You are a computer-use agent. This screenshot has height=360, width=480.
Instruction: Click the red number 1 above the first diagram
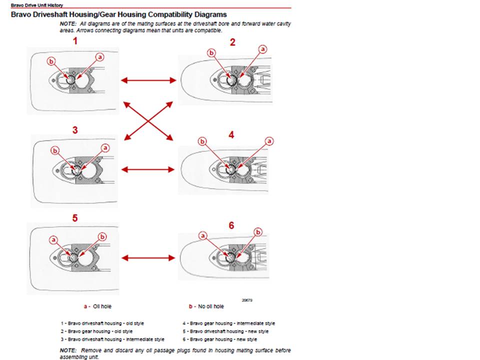click(x=75, y=41)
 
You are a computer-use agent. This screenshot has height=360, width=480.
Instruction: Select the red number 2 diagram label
click(x=232, y=42)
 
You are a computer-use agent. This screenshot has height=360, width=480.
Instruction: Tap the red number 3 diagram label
click(x=75, y=130)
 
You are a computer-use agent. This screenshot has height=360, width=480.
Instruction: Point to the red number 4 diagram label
click(x=231, y=134)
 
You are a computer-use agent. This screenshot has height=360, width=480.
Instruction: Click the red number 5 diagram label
click(x=75, y=218)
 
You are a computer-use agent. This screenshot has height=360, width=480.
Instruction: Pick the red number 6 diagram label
click(x=231, y=225)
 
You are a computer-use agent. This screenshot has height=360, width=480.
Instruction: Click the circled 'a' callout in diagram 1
click(x=100, y=57)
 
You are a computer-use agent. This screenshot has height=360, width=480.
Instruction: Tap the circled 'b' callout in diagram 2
click(x=211, y=53)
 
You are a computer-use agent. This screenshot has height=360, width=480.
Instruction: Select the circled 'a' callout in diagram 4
click(x=269, y=141)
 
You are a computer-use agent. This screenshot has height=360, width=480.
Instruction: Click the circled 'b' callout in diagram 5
click(x=102, y=236)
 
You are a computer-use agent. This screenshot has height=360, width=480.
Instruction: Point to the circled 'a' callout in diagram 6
click(x=202, y=235)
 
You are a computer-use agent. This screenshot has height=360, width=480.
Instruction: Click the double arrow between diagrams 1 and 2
click(x=148, y=80)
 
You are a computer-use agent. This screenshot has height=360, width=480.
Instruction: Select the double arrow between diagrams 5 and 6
click(x=148, y=258)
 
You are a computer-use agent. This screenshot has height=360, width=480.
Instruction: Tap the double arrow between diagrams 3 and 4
click(x=148, y=169)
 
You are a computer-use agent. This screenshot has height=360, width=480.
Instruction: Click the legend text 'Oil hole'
click(x=102, y=306)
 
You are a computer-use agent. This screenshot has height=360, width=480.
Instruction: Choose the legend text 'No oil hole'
click(x=211, y=306)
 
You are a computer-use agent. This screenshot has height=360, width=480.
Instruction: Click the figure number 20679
click(x=247, y=300)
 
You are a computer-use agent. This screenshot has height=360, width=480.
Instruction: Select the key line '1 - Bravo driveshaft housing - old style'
click(x=102, y=323)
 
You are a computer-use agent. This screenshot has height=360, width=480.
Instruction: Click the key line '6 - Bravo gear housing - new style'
click(x=220, y=339)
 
